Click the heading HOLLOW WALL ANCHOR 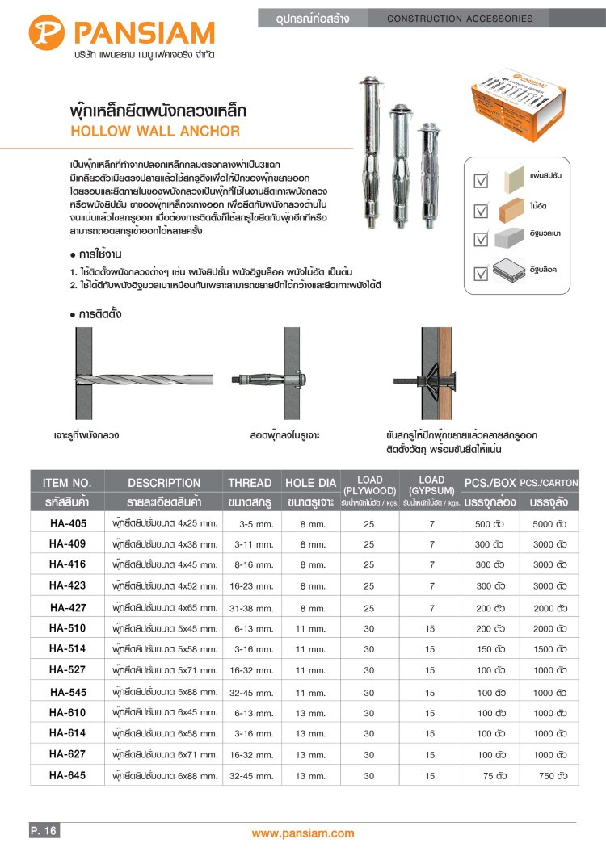pos(155,131)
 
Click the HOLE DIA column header pos(310,483)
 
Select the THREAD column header pos(250,483)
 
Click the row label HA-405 pos(68,522)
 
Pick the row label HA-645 pos(68,776)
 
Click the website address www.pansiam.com pos(303,833)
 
